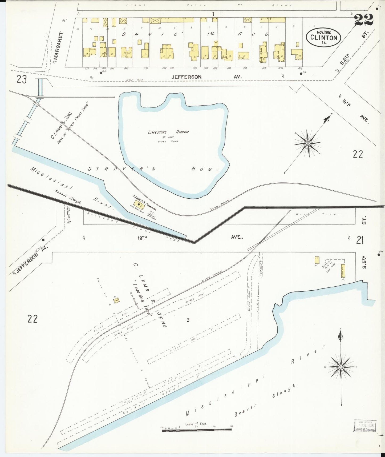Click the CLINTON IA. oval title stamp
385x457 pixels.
(x=323, y=37)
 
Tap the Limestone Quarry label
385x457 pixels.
(x=168, y=132)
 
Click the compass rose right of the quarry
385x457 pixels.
(x=308, y=143)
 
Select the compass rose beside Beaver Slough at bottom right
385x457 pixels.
(x=341, y=367)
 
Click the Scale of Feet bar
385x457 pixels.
(x=197, y=430)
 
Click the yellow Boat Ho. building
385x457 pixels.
(x=343, y=271)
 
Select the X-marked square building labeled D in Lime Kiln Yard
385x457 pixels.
(x=116, y=300)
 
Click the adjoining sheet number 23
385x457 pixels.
(x=22, y=79)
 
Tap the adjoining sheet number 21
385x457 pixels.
(x=360, y=240)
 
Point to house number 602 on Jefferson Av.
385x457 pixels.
(x=300, y=68)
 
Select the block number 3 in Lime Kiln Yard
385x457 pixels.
(x=188, y=320)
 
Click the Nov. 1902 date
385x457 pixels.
(x=324, y=32)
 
